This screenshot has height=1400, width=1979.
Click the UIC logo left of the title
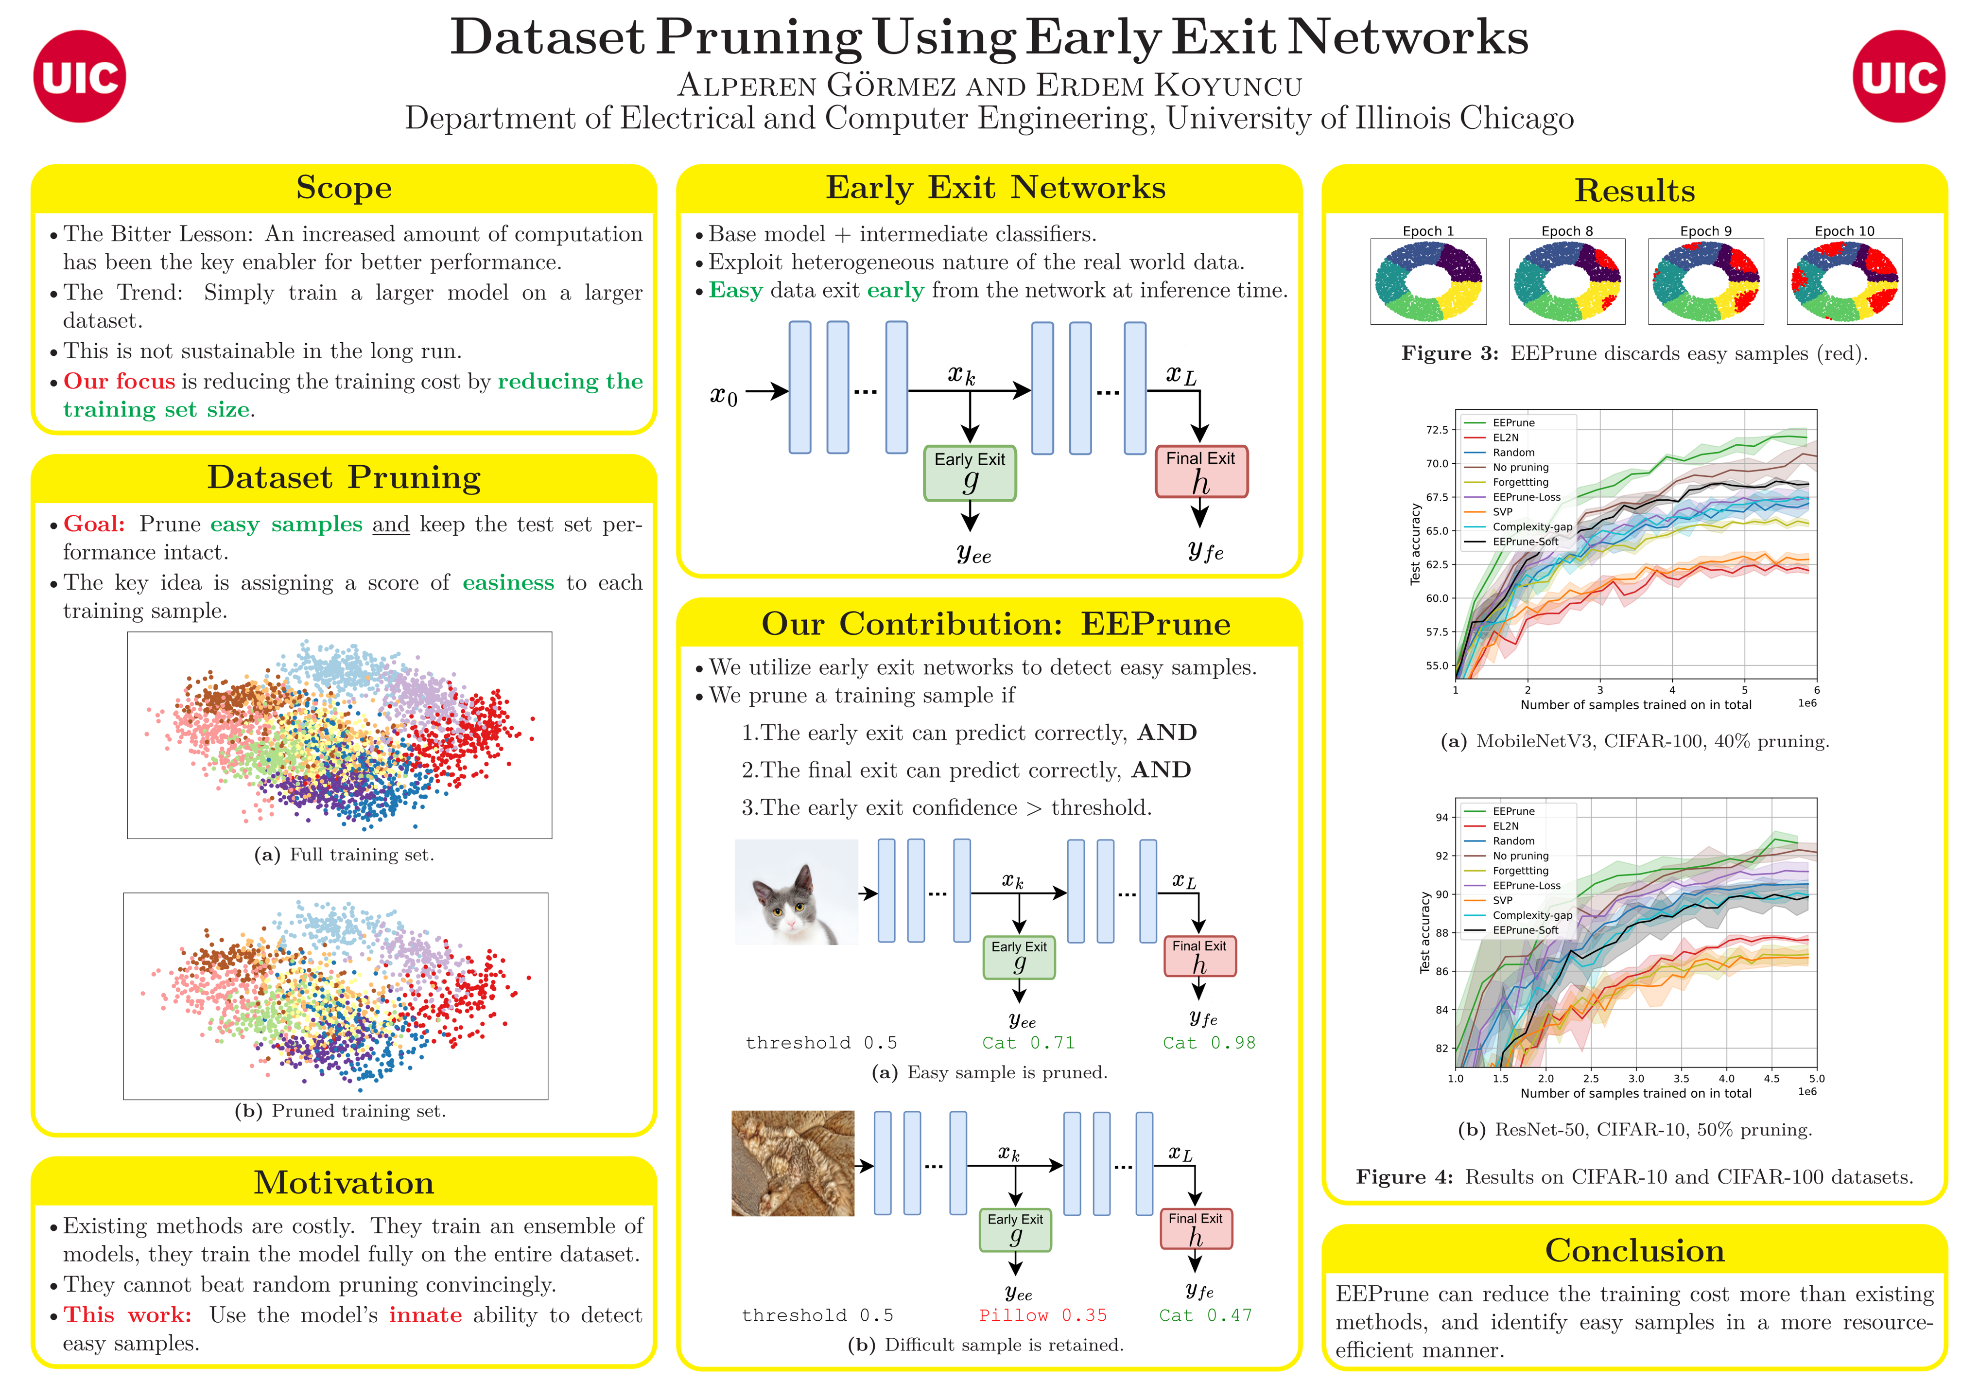tap(79, 77)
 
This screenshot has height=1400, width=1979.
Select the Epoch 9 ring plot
tap(1705, 281)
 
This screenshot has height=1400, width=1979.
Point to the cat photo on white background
tap(797, 892)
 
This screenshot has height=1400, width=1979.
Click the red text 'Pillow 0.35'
tap(1042, 1315)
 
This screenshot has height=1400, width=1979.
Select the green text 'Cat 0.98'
tap(1208, 1043)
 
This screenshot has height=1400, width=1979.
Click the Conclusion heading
tap(1634, 1251)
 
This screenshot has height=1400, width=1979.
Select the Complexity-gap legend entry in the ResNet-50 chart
tap(1532, 915)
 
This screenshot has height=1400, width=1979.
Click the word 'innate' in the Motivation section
tap(425, 1315)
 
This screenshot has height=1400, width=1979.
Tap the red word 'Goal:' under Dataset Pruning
tap(94, 524)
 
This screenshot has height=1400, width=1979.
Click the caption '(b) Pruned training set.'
tap(341, 1111)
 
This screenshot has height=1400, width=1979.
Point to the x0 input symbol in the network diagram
tap(723, 396)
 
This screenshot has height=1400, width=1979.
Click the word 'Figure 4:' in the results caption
tap(1404, 1177)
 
